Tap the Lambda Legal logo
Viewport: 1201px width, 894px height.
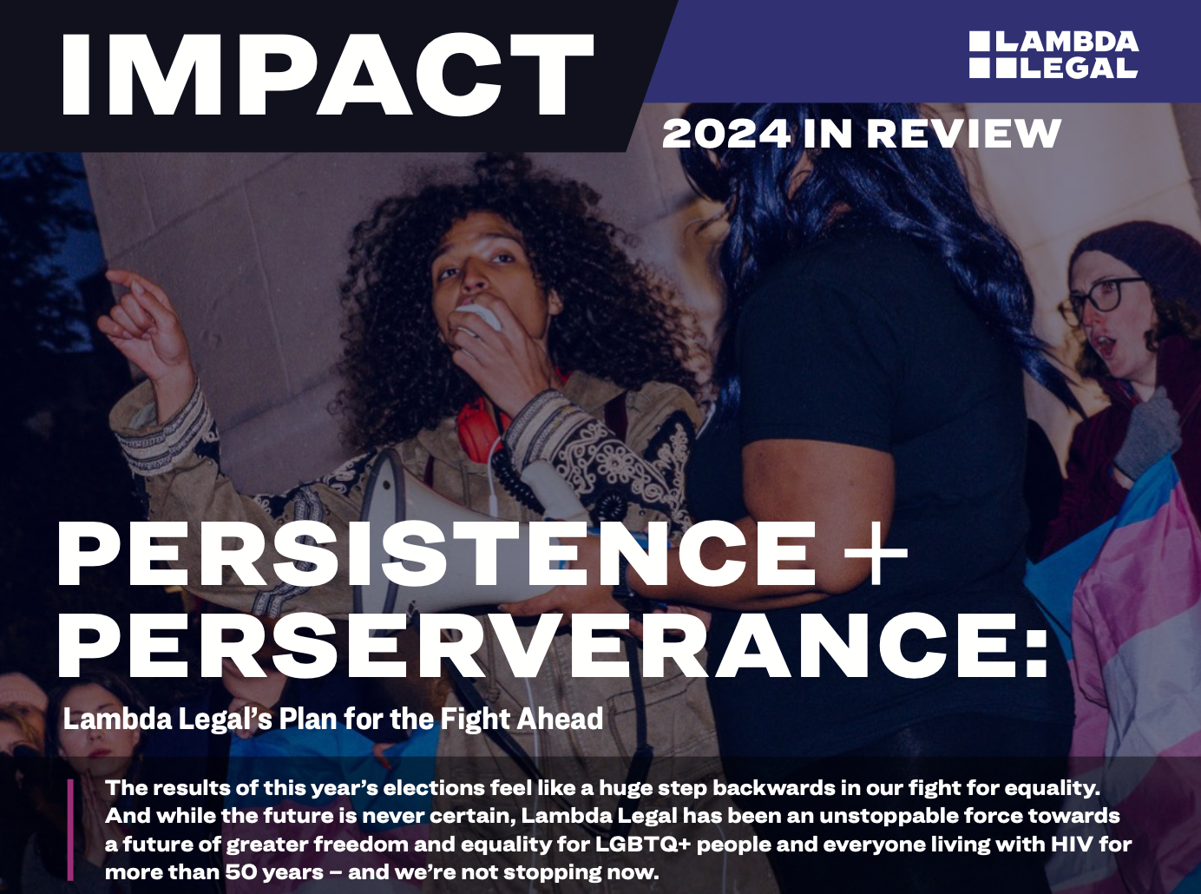coord(1053,55)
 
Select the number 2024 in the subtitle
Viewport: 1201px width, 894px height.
coord(725,135)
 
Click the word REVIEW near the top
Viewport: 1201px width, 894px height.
coord(963,135)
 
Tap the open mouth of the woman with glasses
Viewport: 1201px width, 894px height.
coord(1106,346)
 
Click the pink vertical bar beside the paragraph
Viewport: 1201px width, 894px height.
coord(70,829)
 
